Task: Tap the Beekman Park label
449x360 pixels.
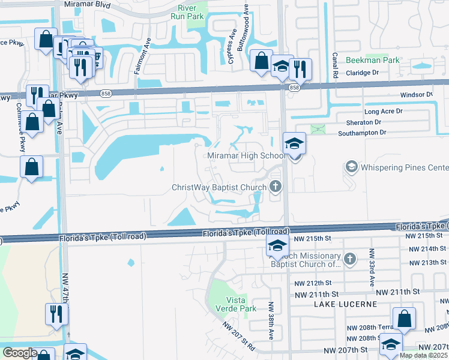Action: [373, 61]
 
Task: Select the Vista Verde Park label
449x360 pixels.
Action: [240, 304]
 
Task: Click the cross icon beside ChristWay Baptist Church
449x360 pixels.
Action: [276, 187]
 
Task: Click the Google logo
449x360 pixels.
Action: [20, 353]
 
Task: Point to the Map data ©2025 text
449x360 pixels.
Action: [423, 356]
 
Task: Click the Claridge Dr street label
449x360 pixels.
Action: [358, 73]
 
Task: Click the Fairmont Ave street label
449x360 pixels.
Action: [143, 56]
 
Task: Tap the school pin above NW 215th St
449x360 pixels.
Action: [276, 245]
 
